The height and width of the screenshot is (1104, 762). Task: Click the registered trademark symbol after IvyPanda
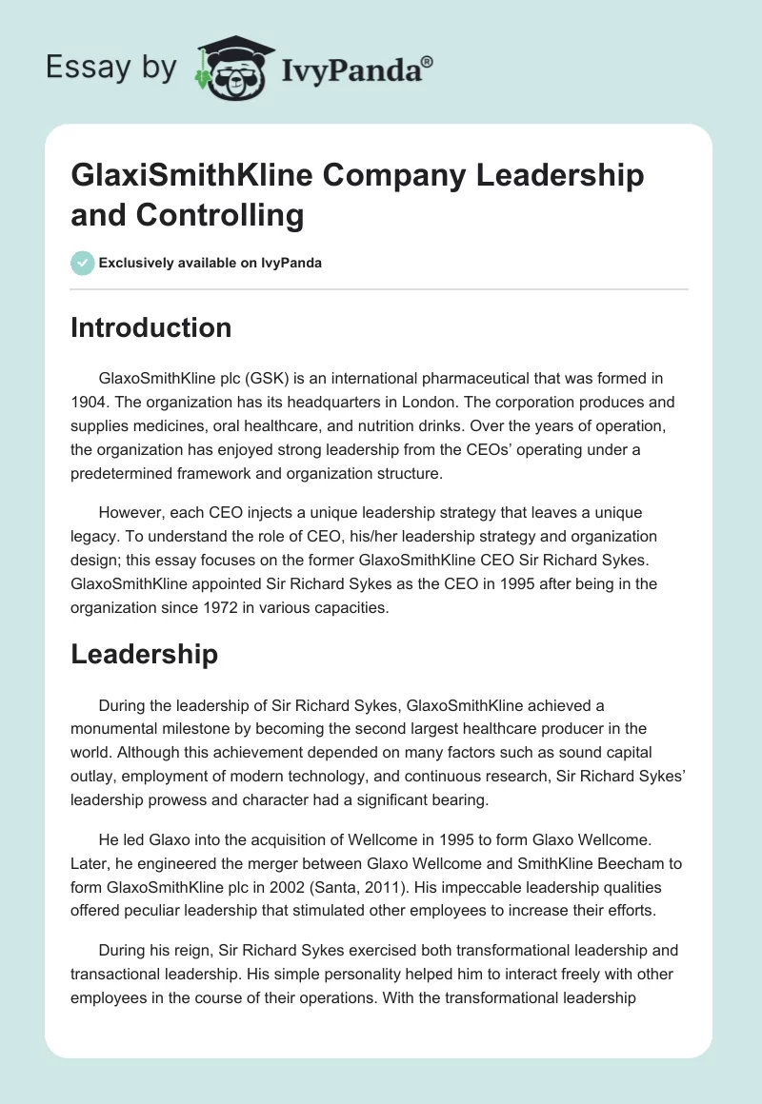(x=428, y=62)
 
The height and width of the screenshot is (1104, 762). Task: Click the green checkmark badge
(x=83, y=263)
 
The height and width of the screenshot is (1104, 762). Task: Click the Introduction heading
(x=151, y=327)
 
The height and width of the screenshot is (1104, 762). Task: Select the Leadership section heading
(x=144, y=654)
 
